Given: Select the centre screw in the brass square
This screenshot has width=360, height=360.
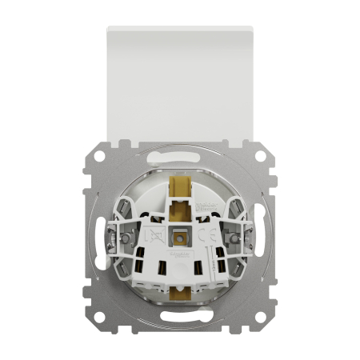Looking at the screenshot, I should click(179, 238).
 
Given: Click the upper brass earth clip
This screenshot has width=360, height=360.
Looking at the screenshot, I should click(179, 190).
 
